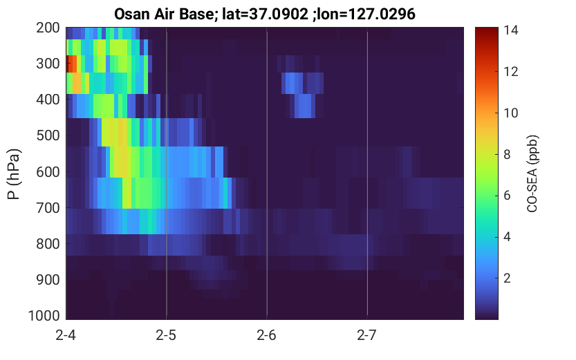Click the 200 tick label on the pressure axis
[x=48, y=28]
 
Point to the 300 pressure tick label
[x=48, y=64]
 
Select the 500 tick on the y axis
[x=48, y=136]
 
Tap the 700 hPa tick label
[x=48, y=208]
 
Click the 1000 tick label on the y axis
[x=44, y=316]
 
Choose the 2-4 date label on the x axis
[x=66, y=335]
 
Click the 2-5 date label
[x=166, y=335]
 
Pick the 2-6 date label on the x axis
[x=266, y=335]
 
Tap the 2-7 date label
[x=367, y=335]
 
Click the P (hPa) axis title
[x=14, y=174]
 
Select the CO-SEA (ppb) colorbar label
[x=532, y=174]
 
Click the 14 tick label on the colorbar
[x=510, y=30]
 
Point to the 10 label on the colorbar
[x=510, y=113]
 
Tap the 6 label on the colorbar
[x=507, y=196]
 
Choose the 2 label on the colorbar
[x=507, y=278]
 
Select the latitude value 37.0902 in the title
[x=279, y=15]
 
